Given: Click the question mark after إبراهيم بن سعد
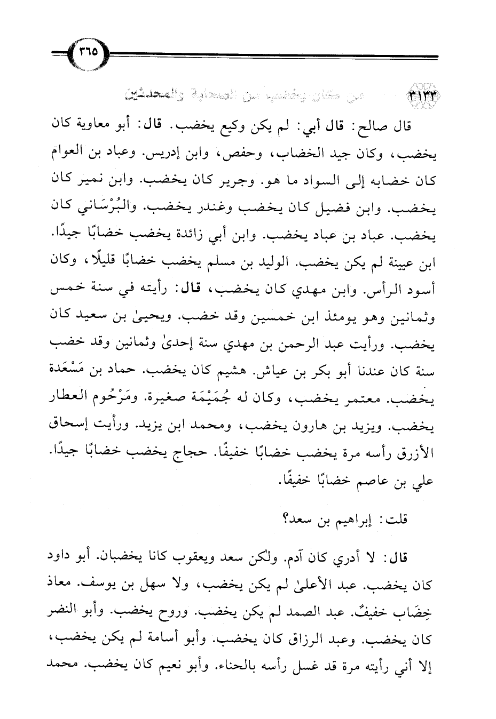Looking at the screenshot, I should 283,517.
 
